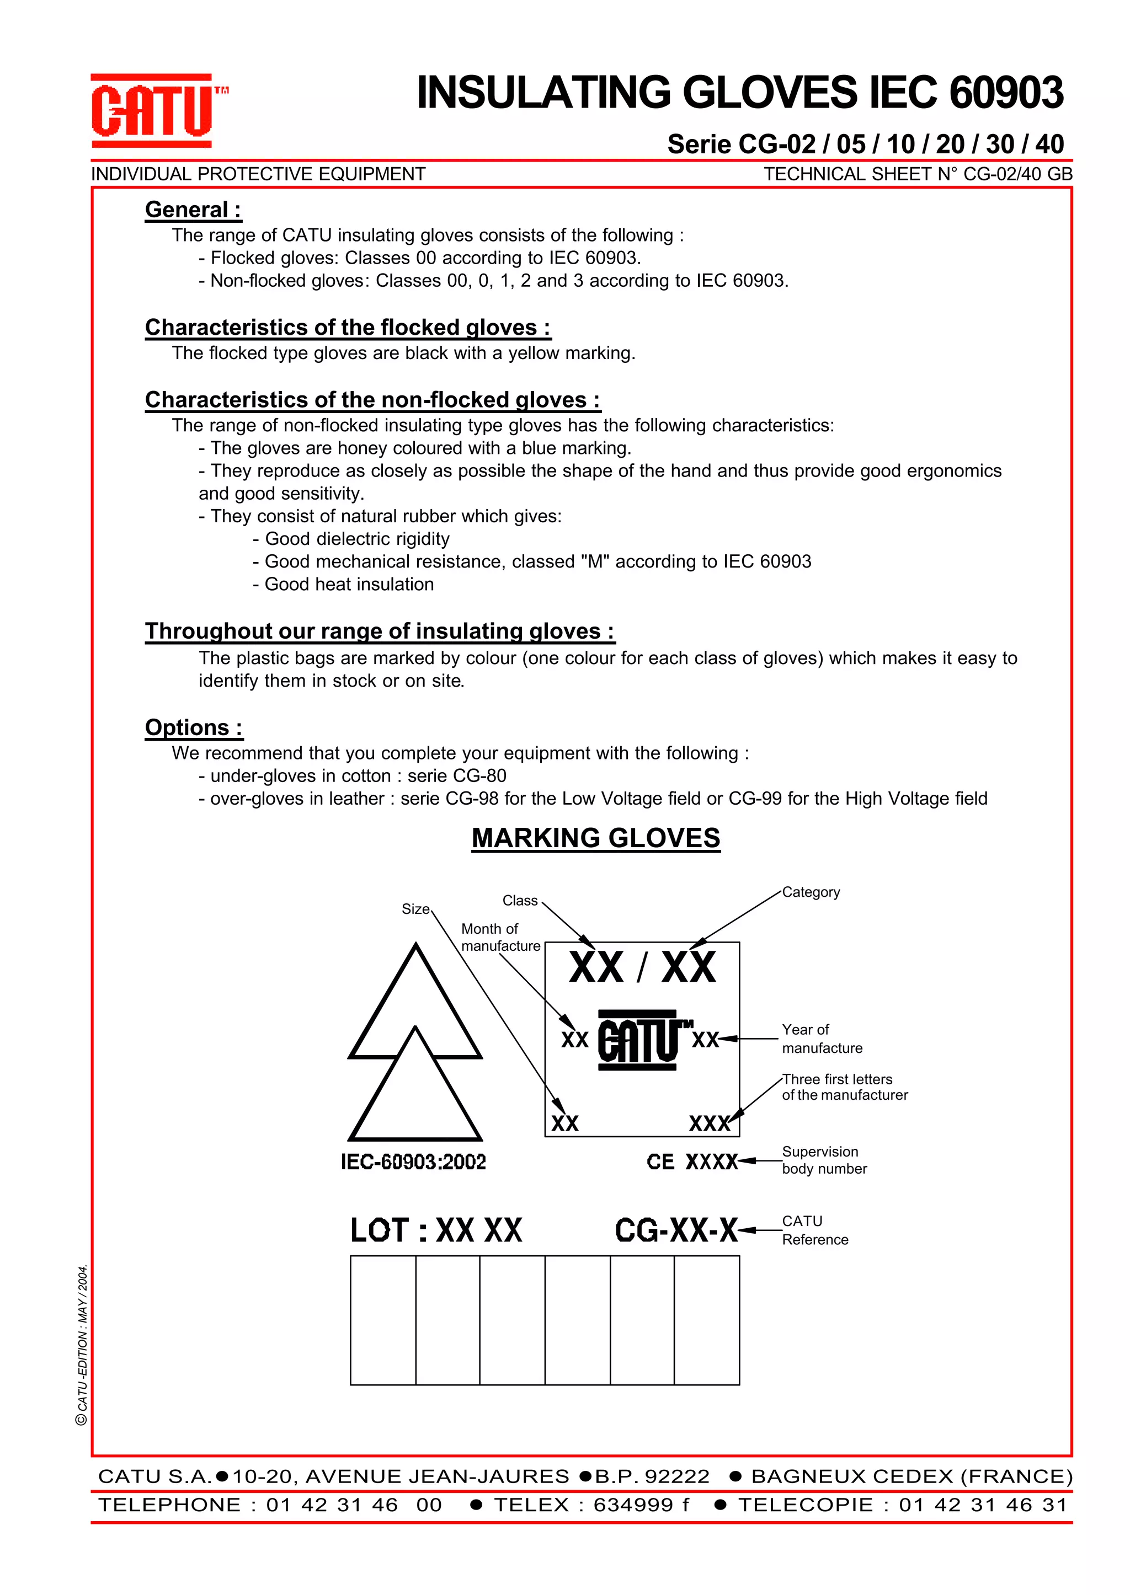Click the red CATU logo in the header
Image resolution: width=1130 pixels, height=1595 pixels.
(152, 111)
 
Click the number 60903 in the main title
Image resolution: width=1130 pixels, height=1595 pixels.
(1006, 93)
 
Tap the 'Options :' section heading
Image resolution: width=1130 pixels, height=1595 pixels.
(194, 727)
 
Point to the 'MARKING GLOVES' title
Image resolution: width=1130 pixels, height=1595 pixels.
(595, 838)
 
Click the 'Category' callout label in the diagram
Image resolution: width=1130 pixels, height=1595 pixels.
(811, 892)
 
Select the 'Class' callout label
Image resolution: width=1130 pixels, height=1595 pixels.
(520, 901)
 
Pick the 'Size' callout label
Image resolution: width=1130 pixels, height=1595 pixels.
(415, 909)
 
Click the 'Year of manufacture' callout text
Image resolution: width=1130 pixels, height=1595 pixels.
(821, 1039)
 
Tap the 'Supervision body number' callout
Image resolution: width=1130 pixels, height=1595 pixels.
(824, 1160)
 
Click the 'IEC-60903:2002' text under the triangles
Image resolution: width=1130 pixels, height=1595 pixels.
(413, 1162)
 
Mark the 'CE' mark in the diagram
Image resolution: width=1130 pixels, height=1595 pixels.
(660, 1162)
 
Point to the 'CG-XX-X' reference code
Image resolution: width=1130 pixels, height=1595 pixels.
(676, 1230)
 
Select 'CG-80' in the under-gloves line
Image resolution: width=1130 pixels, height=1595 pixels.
(480, 777)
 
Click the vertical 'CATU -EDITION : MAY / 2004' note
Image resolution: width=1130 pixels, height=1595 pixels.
(82, 1345)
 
